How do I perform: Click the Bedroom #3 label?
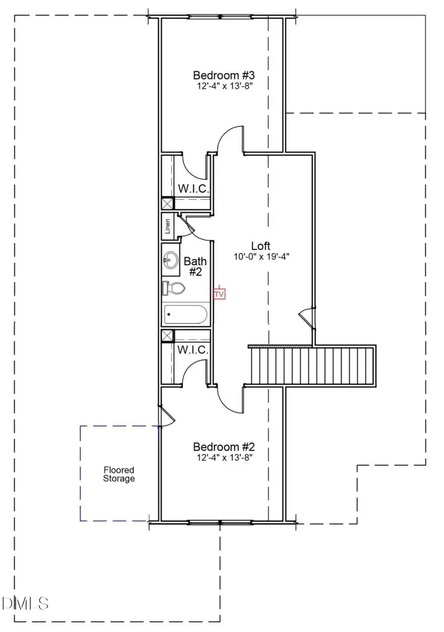pyautogui.click(x=223, y=75)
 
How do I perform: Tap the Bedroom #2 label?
pyautogui.click(x=223, y=447)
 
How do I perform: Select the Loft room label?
pyautogui.click(x=260, y=246)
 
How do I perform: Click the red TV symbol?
pyautogui.click(x=219, y=294)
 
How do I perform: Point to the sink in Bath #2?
pyautogui.click(x=170, y=259)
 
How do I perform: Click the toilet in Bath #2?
pyautogui.click(x=173, y=288)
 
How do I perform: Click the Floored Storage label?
pyautogui.click(x=118, y=474)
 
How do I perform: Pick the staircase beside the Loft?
pyautogui.click(x=312, y=366)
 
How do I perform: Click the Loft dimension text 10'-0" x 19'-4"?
pyautogui.click(x=260, y=257)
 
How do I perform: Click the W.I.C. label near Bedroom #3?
pyautogui.click(x=193, y=188)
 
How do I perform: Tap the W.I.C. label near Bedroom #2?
pyautogui.click(x=193, y=350)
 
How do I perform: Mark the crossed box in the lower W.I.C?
pyautogui.click(x=168, y=336)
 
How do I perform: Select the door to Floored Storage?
pyautogui.click(x=167, y=417)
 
